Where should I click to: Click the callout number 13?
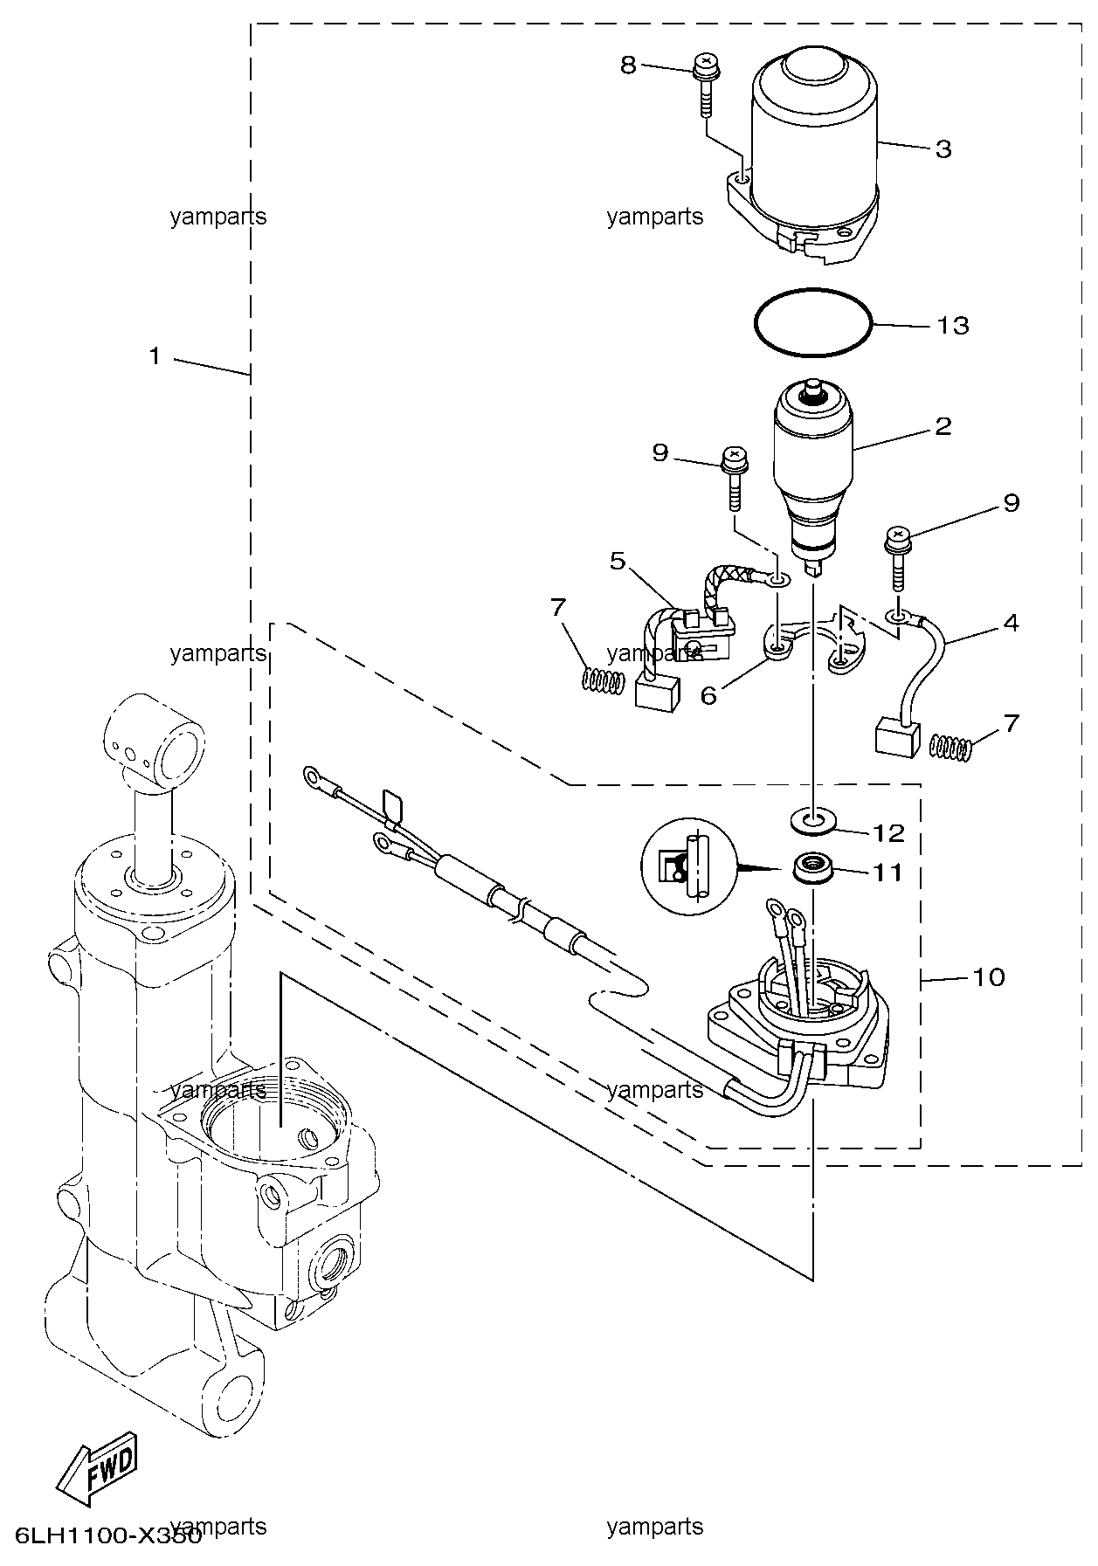pyautogui.click(x=953, y=326)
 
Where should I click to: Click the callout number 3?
pyautogui.click(x=943, y=149)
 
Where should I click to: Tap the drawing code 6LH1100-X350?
pyautogui.click(x=107, y=1535)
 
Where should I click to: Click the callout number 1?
pyautogui.click(x=155, y=356)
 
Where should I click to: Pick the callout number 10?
pyautogui.click(x=989, y=977)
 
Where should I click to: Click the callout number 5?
pyautogui.click(x=618, y=561)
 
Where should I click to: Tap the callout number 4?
pyautogui.click(x=1011, y=623)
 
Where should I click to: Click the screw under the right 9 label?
pyautogui.click(x=897, y=559)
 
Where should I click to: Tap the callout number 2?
pyautogui.click(x=943, y=427)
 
